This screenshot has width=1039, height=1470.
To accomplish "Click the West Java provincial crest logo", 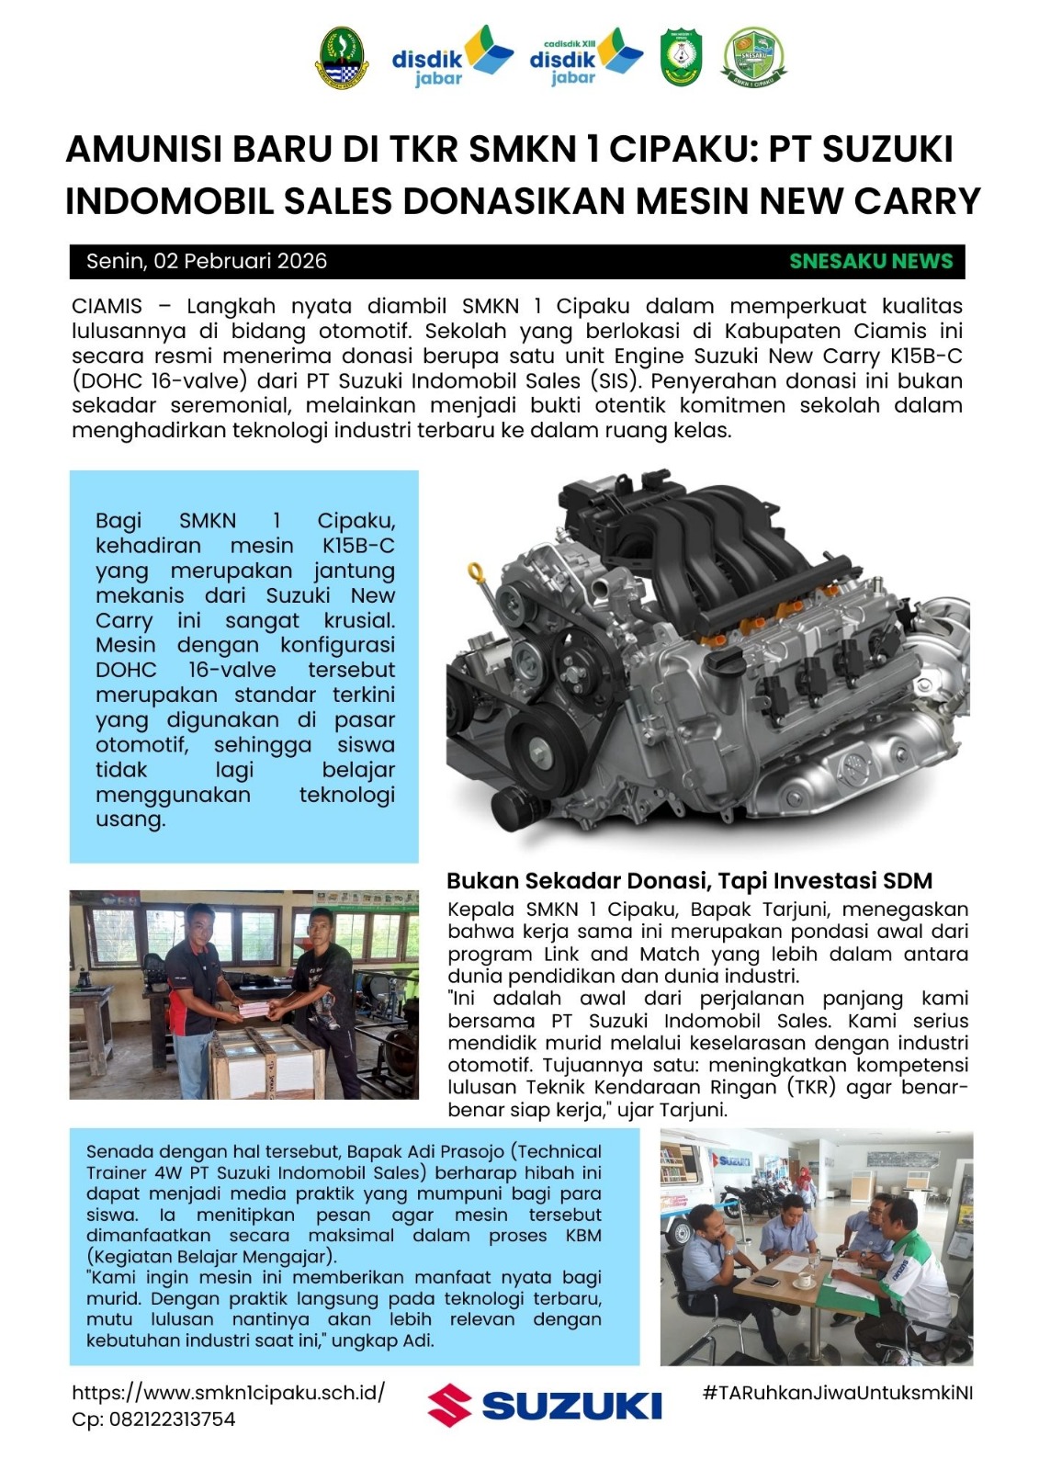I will click(340, 57).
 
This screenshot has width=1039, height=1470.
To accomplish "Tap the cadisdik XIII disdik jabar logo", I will click(585, 58).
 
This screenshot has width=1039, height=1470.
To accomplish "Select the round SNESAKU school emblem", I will click(753, 57).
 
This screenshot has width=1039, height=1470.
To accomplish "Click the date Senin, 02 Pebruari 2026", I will click(207, 261).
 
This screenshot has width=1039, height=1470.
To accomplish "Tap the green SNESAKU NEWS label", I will click(871, 261).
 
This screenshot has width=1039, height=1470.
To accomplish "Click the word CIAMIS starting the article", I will click(107, 306).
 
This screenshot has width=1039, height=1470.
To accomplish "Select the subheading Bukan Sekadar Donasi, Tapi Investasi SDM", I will click(689, 881).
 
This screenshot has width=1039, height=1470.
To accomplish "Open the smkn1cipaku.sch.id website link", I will click(229, 1392).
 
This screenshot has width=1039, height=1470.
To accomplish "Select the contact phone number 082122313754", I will click(172, 1419).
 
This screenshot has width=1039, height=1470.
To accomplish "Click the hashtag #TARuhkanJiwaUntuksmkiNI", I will click(837, 1392).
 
